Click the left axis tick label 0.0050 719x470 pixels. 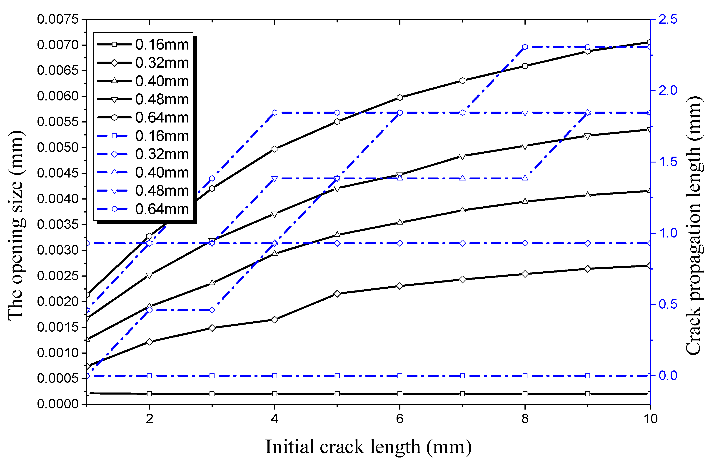57,148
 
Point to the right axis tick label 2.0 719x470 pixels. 668,91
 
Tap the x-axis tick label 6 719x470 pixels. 400,419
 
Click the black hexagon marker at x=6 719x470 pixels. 400,97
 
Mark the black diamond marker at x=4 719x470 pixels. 274,320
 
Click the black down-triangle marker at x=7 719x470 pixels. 462,156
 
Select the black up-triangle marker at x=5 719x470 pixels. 337,234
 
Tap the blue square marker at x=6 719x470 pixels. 400,376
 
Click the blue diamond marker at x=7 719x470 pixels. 462,243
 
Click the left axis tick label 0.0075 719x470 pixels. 57,19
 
